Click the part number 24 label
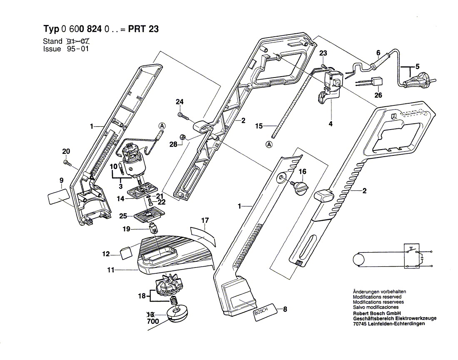coord(179,102)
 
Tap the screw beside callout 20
coord(66,162)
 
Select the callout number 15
coord(259,125)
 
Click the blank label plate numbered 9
coord(58,196)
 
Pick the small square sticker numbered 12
coord(126,253)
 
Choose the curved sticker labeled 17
coord(204,233)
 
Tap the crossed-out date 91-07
coord(79,42)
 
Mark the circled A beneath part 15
coord(269,145)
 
